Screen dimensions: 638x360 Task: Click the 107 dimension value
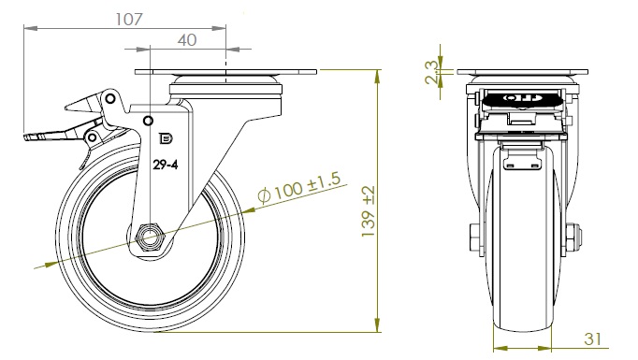tap(129, 19)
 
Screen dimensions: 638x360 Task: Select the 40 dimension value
tap(187, 40)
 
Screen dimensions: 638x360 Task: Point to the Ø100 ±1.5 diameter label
tap(299, 187)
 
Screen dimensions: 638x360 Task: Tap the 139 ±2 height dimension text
tap(369, 212)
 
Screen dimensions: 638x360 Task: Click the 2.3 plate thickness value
tap(431, 72)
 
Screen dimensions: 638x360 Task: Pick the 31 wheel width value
tap(592, 338)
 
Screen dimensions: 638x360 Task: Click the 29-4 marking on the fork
tap(166, 165)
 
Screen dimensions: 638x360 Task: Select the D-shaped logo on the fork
tap(166, 138)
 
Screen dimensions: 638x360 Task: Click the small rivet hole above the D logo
tap(149, 121)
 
